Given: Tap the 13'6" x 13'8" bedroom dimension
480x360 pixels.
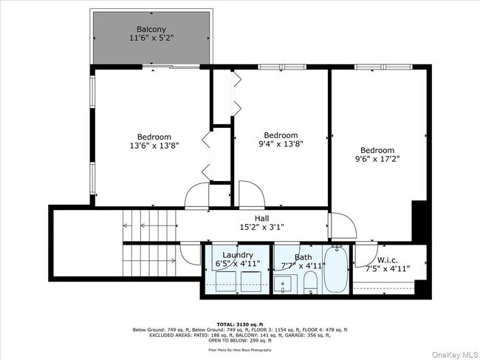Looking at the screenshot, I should coord(154,146).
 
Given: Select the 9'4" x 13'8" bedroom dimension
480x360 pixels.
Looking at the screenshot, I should coord(281,144).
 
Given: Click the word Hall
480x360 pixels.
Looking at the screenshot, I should coord(261,218).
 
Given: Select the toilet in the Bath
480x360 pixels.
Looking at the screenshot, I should coord(311,282).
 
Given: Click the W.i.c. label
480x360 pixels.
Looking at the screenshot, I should coord(388,259).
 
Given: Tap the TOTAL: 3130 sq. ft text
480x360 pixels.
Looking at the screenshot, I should coord(239,324).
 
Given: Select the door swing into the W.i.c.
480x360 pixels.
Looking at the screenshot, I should coord(368,253).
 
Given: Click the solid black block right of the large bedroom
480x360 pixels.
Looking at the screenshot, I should coord(419,219).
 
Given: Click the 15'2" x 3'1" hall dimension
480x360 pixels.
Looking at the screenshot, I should coord(261,228).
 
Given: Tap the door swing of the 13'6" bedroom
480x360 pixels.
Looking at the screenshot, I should coord(197,196).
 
